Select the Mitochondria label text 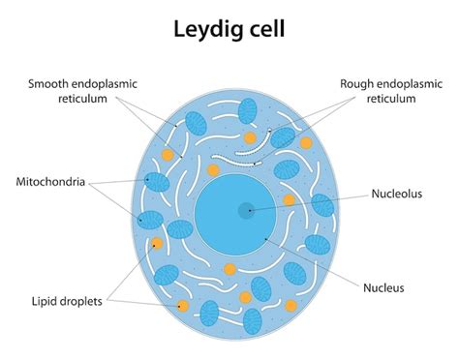[57, 181]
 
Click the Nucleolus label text [398, 194]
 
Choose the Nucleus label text [390, 287]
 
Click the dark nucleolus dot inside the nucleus [247, 208]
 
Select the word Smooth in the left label [49, 84]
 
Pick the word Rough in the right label [356, 84]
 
